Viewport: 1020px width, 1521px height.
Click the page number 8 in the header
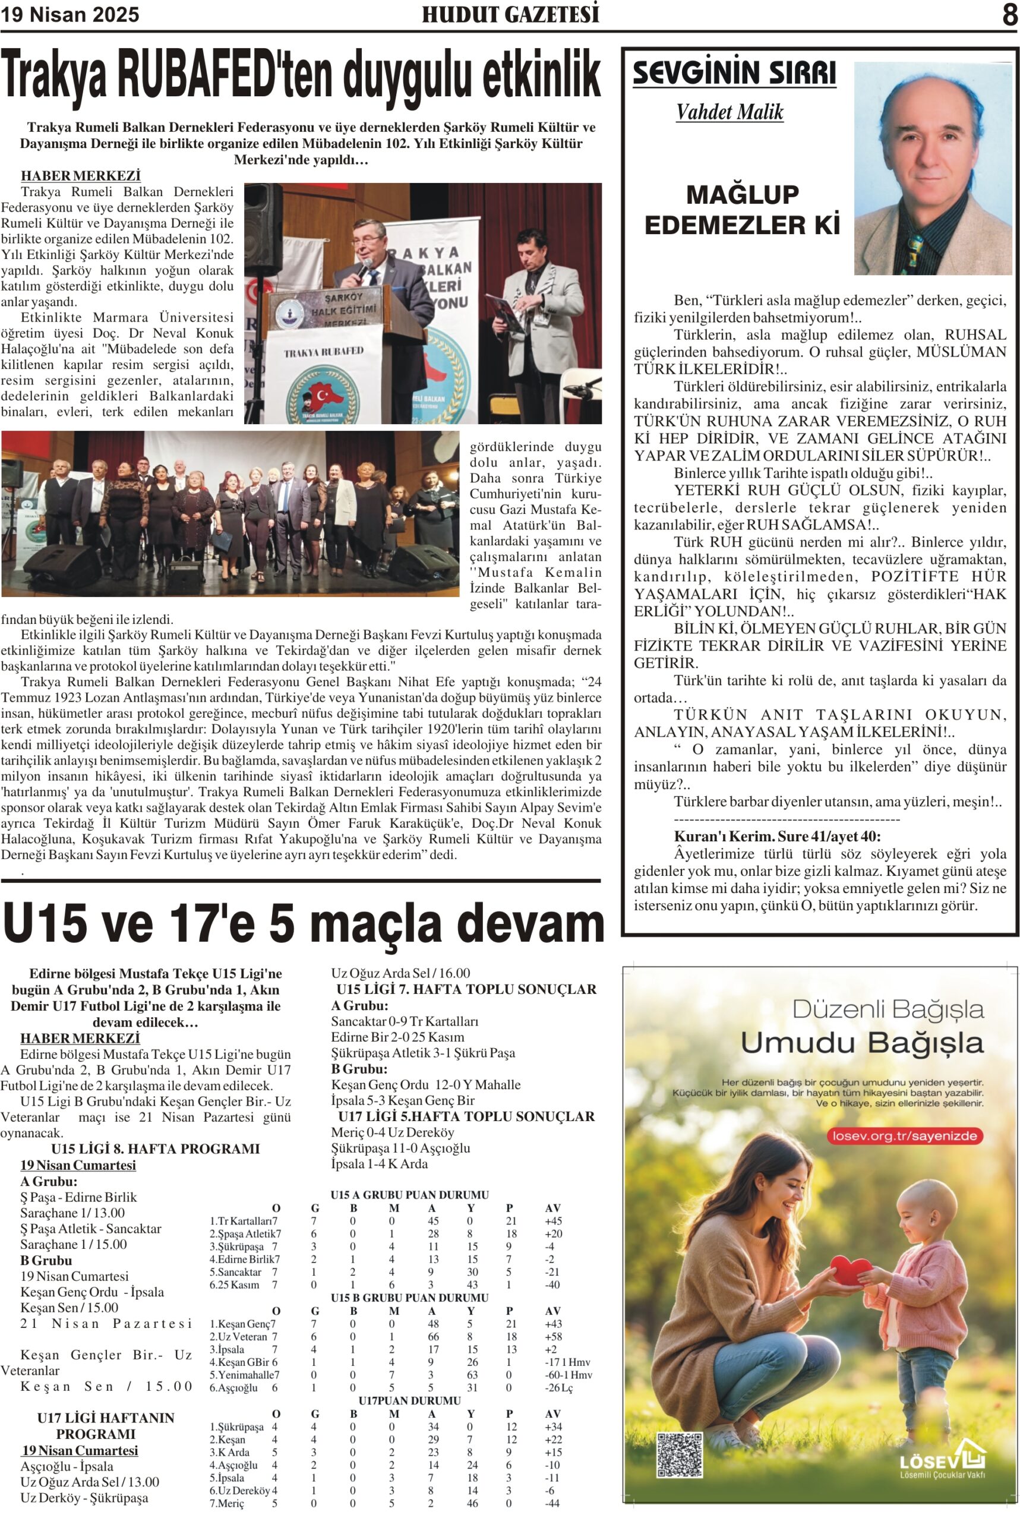coord(1009,14)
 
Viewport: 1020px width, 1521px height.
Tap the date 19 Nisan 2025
coord(70,14)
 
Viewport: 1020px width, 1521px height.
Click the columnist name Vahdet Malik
coord(730,112)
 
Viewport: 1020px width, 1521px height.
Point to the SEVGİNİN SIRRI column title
coord(734,73)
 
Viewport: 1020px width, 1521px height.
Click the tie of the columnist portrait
coord(916,247)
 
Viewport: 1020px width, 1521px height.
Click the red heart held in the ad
coord(850,1269)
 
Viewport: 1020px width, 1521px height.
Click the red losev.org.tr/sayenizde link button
coord(904,1136)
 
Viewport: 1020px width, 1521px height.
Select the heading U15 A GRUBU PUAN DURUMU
coord(409,1194)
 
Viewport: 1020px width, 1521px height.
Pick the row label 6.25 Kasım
coord(234,1284)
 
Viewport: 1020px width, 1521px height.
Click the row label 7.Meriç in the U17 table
coord(227,1503)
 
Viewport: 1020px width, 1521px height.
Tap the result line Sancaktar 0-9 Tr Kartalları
coord(404,1021)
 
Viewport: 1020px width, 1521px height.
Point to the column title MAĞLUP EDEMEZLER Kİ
coord(742,210)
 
